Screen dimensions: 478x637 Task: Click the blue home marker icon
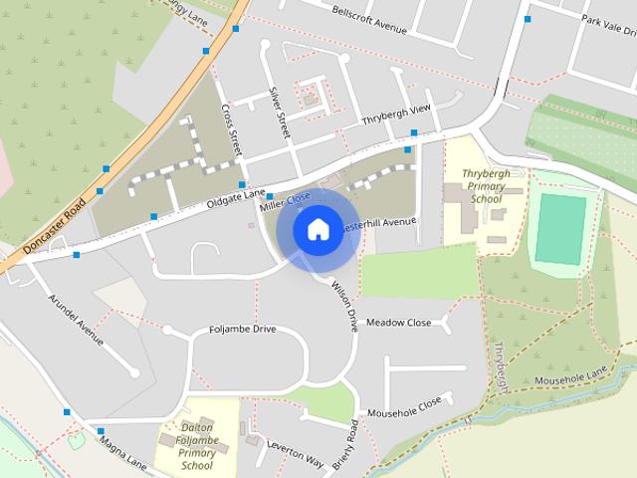318,229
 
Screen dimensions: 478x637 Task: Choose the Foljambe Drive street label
243,329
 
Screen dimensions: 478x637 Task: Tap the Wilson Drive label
344,305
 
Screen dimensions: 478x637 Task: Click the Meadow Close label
399,323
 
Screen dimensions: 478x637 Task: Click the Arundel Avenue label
76,317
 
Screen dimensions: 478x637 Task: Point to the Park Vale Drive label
607,21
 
